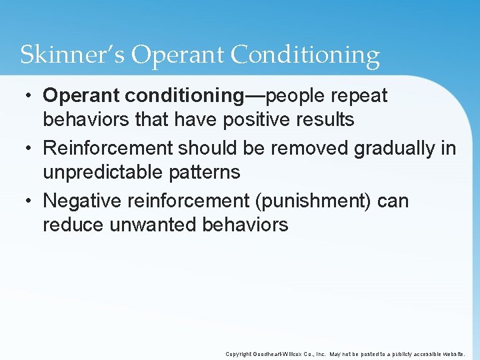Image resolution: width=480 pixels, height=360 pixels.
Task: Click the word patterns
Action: point(207,173)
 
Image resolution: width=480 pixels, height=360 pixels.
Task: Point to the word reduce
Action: point(72,225)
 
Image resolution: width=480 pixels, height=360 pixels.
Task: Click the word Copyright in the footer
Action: point(239,354)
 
